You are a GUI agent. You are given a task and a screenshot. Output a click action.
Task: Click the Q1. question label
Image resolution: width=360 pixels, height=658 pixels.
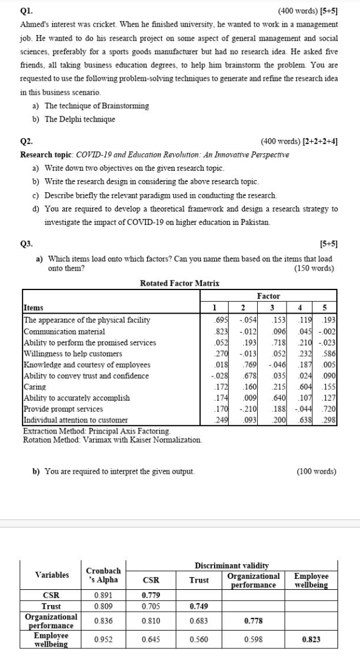(26, 10)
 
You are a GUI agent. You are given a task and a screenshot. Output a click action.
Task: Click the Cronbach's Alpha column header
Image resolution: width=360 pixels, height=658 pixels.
(103, 575)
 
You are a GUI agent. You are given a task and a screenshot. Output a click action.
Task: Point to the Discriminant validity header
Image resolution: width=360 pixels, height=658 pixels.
(231, 566)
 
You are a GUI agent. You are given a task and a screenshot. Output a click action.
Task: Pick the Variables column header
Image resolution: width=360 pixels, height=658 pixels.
(51, 575)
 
